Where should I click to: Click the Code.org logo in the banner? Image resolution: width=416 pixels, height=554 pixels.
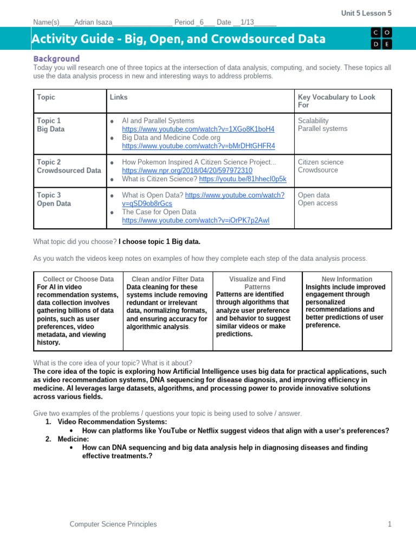tap(381, 39)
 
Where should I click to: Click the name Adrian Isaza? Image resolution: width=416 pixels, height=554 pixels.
tap(93, 22)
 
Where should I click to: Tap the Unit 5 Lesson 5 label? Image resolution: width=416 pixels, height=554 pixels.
tap(366, 13)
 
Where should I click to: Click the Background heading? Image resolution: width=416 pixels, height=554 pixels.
tap(56, 58)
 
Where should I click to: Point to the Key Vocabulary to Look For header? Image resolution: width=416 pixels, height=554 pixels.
tap(336, 101)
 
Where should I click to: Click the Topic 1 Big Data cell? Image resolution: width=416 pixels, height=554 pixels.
tap(49, 125)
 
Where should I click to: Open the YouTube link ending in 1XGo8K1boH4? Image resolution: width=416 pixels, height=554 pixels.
tap(198, 129)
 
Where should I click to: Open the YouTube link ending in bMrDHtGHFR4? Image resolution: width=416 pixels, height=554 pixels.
tap(198, 146)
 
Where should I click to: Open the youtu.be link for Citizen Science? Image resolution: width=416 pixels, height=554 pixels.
tap(243, 179)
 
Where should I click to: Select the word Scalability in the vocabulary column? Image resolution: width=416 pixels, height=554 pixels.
tap(313, 121)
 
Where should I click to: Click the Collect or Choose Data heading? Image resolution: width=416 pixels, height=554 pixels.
tap(78, 279)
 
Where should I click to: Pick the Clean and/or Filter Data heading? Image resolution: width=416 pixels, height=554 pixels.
tap(167, 279)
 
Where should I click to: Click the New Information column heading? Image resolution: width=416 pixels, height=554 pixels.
tap(347, 279)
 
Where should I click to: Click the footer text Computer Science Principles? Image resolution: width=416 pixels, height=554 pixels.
tap(113, 524)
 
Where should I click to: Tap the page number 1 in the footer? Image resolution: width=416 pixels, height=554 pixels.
tap(389, 524)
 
